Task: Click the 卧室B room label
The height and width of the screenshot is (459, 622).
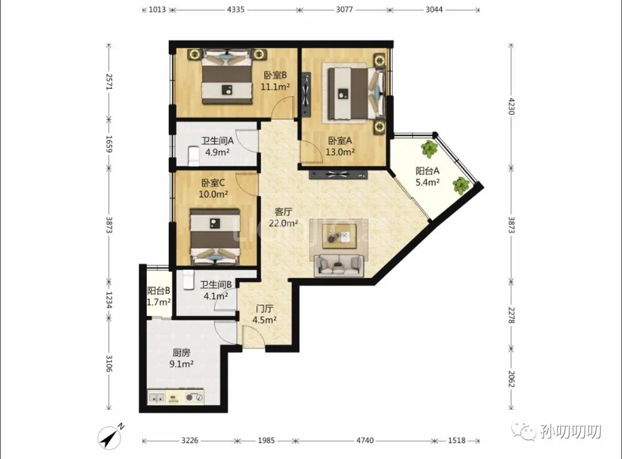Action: pyautogui.click(x=275, y=75)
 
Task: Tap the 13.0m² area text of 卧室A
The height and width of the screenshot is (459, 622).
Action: pyautogui.click(x=340, y=152)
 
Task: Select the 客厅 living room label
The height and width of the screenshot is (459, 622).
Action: pyautogui.click(x=283, y=212)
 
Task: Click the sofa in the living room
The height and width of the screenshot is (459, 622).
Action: pyautogui.click(x=339, y=265)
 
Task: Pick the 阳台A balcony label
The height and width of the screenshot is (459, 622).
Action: pyautogui.click(x=427, y=171)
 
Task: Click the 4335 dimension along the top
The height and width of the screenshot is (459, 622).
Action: pyautogui.click(x=236, y=10)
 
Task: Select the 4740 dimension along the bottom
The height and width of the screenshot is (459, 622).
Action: pyautogui.click(x=365, y=441)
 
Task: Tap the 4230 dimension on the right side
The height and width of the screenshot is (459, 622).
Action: pyautogui.click(x=511, y=106)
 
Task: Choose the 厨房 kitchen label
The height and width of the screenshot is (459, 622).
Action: pyautogui.click(x=181, y=352)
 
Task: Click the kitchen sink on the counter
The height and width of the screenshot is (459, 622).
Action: pyautogui.click(x=157, y=397)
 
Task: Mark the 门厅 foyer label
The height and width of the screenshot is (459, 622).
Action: pyautogui.click(x=264, y=309)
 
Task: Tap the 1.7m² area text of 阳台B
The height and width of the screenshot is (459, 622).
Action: pyautogui.click(x=159, y=302)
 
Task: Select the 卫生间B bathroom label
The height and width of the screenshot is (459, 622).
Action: pyautogui.click(x=216, y=284)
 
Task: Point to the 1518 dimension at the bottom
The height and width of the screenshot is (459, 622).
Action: pyautogui.click(x=457, y=441)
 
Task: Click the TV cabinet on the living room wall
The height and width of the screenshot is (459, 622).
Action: pyautogui.click(x=339, y=174)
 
